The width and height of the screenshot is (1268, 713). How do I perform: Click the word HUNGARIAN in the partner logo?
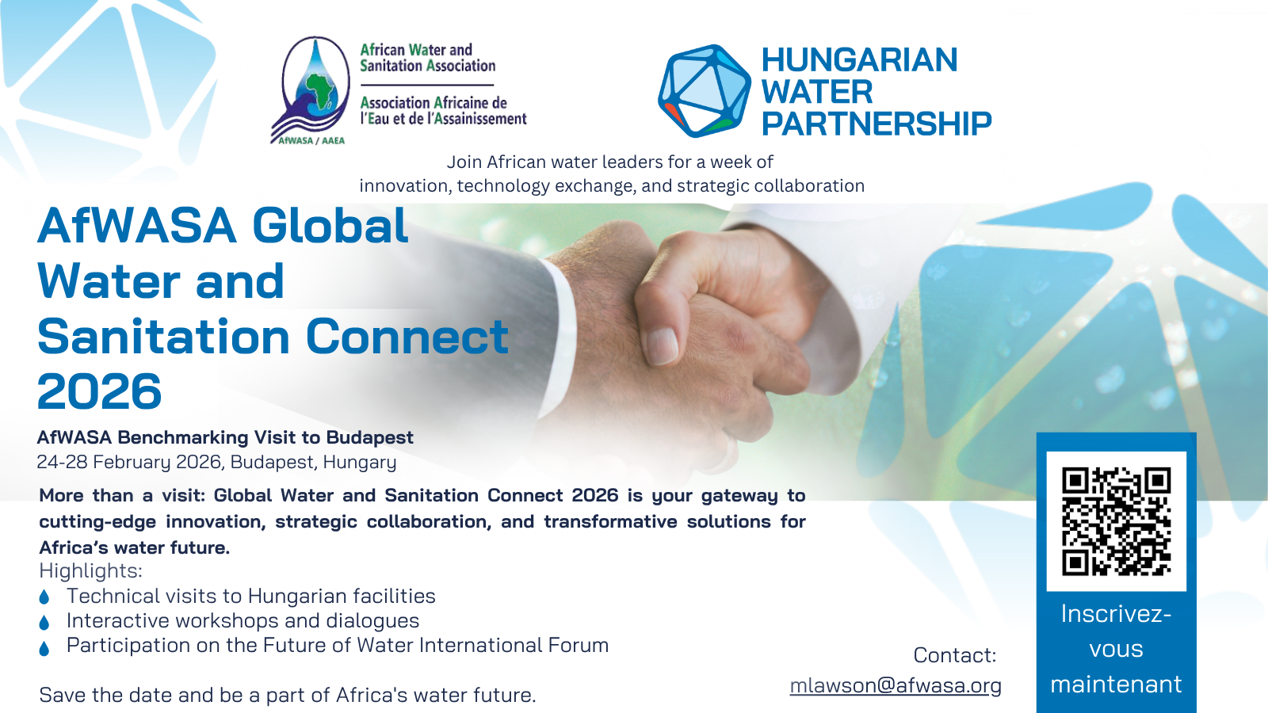point(859,60)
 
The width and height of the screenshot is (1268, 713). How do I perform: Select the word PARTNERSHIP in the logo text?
point(876,124)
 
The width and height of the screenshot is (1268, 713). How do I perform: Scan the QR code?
point(1116,520)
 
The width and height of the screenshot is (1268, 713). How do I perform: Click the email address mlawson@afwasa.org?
point(896,685)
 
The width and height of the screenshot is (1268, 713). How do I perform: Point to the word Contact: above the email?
point(954,655)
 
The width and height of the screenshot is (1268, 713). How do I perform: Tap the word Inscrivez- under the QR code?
point(1116,614)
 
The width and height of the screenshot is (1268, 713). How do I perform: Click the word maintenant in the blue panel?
point(1116,684)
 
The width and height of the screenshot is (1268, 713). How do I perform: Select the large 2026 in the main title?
point(99,391)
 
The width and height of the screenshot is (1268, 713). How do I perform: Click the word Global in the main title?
point(330,226)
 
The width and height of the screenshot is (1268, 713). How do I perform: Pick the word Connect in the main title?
point(407,337)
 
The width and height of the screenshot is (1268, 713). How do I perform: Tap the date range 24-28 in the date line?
point(63,462)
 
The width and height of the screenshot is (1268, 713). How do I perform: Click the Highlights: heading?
point(90,570)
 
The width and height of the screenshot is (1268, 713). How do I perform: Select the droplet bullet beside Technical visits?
point(44,597)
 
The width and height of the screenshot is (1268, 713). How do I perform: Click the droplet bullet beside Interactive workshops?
point(44,623)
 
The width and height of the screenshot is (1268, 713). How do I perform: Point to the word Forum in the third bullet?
point(582,645)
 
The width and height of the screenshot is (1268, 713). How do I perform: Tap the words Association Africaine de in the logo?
point(433,103)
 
